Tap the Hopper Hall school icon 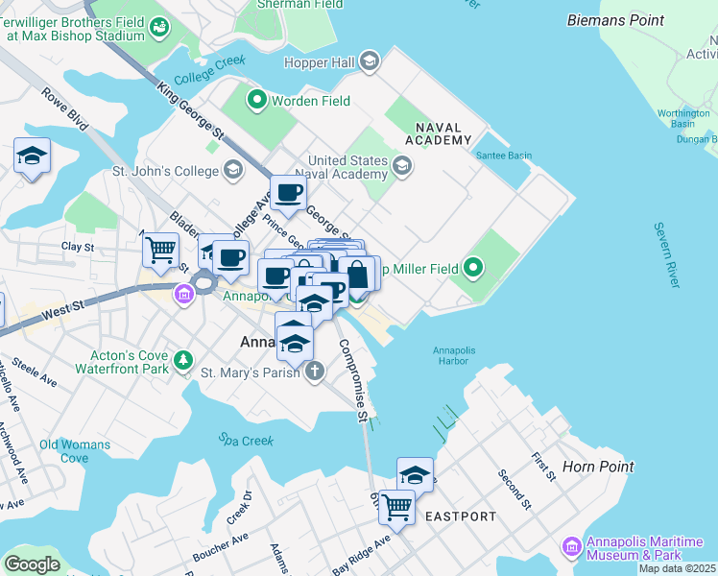coord(369,62)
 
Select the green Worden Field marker coord(257,99)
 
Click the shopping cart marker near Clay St coord(161,250)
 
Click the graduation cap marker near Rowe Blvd coord(32,156)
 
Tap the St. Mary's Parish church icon coord(315,372)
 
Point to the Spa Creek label coord(245,441)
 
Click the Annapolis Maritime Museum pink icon coord(572,545)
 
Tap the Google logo coord(32,564)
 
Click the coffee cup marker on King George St coord(288,194)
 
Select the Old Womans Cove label coord(75,451)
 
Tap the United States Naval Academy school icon coord(401,167)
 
